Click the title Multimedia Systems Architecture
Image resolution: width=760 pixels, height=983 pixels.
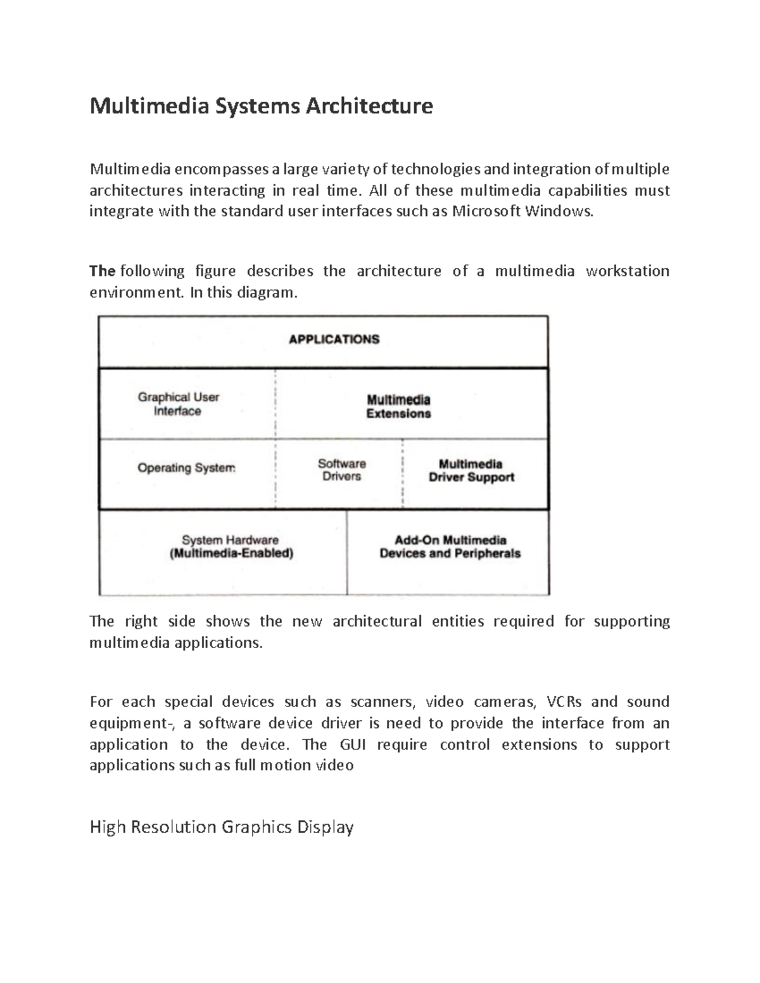(x=261, y=106)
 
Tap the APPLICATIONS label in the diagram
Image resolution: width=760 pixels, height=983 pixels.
(x=334, y=339)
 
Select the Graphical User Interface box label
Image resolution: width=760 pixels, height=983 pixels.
(x=178, y=404)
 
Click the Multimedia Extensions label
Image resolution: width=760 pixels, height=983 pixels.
(x=398, y=406)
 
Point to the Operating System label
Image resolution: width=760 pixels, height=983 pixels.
(x=186, y=468)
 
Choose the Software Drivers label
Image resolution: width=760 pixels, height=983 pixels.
(x=341, y=470)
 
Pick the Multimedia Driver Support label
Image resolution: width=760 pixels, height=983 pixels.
(x=471, y=471)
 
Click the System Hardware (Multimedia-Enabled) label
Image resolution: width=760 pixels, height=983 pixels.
(x=231, y=547)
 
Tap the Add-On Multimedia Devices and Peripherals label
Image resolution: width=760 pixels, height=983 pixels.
(x=450, y=547)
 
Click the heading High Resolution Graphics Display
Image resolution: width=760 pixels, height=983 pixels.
(x=222, y=827)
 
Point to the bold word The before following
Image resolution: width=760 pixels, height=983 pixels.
(x=102, y=271)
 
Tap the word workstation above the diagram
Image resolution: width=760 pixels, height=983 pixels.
(x=627, y=271)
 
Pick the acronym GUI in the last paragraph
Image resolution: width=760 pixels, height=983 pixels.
(x=351, y=744)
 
